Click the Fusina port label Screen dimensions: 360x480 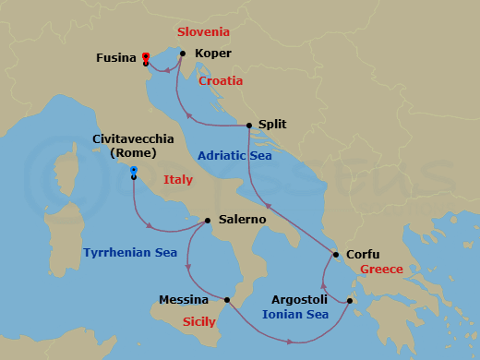pyautogui.click(x=116, y=58)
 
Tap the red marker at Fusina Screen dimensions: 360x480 pyautogui.click(x=146, y=57)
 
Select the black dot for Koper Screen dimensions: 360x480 pyautogui.click(x=183, y=54)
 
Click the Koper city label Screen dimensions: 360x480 pyautogui.click(x=214, y=54)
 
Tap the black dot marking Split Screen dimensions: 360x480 pyautogui.click(x=250, y=126)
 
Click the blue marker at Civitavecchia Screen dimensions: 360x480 pyautogui.click(x=134, y=171)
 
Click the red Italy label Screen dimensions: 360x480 pyautogui.click(x=178, y=180)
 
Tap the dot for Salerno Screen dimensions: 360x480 pyautogui.click(x=208, y=221)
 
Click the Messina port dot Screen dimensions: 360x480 pyautogui.click(x=227, y=299)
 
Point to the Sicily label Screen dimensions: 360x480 pyautogui.click(x=198, y=322)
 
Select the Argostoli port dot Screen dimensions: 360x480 pyautogui.click(x=350, y=301)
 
